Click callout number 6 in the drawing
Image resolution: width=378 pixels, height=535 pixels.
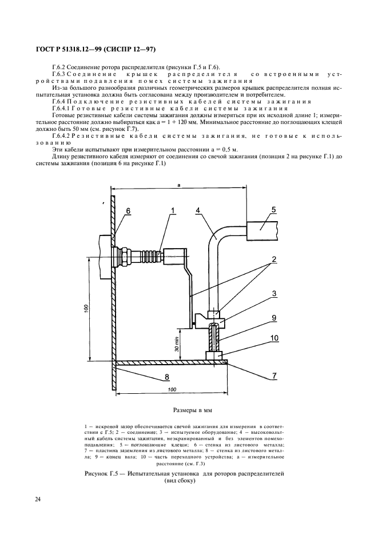pyautogui.click(x=129, y=211)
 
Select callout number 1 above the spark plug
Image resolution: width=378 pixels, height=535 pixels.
pyautogui.click(x=172, y=211)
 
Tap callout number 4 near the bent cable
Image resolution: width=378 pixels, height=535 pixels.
pyautogui.click(x=197, y=211)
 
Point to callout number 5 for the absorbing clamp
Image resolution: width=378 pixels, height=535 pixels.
pyautogui.click(x=273, y=210)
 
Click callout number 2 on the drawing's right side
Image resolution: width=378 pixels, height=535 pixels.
pyautogui.click(x=274, y=259)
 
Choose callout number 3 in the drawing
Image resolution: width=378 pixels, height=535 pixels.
pyautogui.click(x=274, y=293)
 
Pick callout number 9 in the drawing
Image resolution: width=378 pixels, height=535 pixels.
pyautogui.click(x=274, y=318)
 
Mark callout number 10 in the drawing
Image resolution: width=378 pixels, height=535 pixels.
pyautogui.click(x=274, y=338)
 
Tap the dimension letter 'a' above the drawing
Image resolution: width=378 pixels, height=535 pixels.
pyautogui.click(x=179, y=185)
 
